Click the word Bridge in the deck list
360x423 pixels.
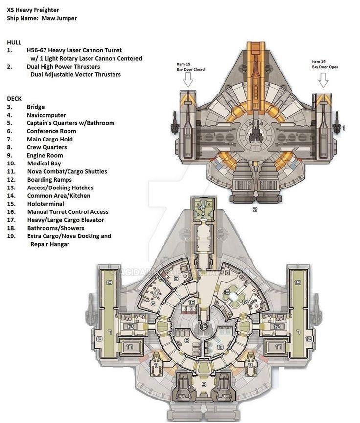click(x=36, y=107)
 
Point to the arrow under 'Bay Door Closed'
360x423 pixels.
click(x=188, y=79)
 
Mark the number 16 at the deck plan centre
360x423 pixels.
click(x=203, y=327)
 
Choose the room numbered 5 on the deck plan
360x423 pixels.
click(x=176, y=279)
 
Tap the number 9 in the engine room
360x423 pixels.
click(x=203, y=384)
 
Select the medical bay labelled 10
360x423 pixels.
click(x=220, y=347)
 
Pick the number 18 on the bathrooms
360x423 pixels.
click(x=192, y=303)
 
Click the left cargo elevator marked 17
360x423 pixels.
click(x=130, y=347)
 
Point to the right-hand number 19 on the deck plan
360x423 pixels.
click(x=297, y=282)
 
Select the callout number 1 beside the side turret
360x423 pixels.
click(x=344, y=128)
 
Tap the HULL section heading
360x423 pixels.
click(x=14, y=43)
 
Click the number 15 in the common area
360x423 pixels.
click(x=226, y=292)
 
